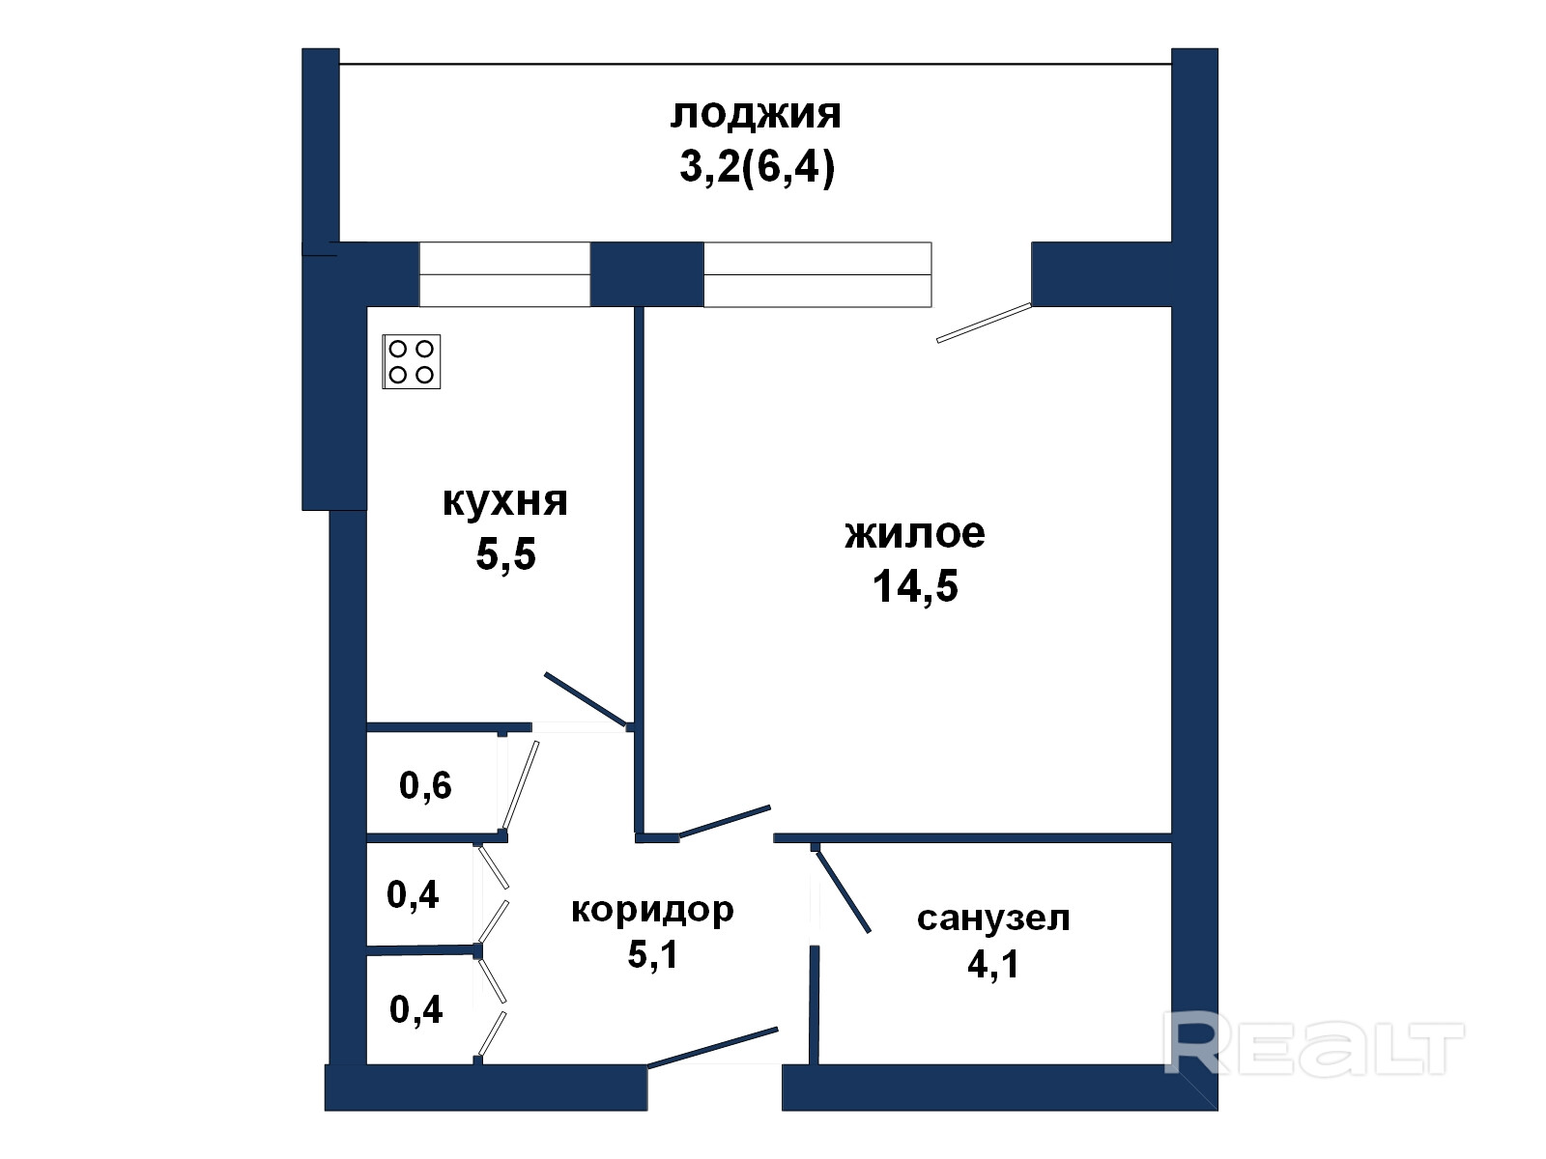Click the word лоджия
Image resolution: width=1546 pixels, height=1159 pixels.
756,115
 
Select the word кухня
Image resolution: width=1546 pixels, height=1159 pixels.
505,501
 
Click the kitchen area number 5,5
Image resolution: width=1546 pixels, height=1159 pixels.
505,554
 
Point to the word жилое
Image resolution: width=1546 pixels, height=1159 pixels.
915,533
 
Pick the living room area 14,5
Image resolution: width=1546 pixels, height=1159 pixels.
915,586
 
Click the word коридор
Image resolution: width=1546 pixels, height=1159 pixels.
652,910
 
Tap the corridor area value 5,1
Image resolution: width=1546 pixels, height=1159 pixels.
652,955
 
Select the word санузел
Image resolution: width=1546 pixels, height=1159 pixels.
993,919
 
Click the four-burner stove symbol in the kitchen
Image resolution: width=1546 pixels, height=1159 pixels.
412,361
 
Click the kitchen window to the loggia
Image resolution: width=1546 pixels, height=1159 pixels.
505,274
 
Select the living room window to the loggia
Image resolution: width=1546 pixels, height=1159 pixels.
817,274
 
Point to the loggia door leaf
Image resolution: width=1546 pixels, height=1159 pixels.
984,323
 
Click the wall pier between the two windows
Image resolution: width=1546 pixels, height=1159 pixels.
647,274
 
